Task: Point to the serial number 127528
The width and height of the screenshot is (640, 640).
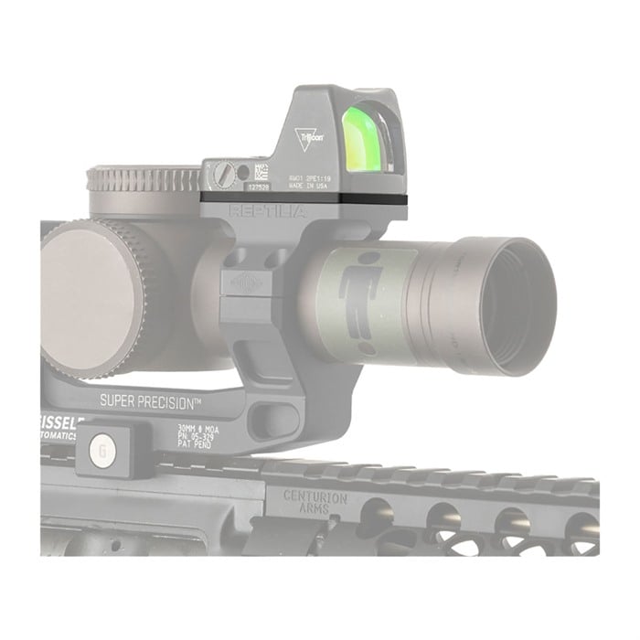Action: coord(260,185)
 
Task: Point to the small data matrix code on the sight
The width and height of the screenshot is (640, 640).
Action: coord(261,171)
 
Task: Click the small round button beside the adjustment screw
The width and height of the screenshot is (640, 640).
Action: coord(241,171)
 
